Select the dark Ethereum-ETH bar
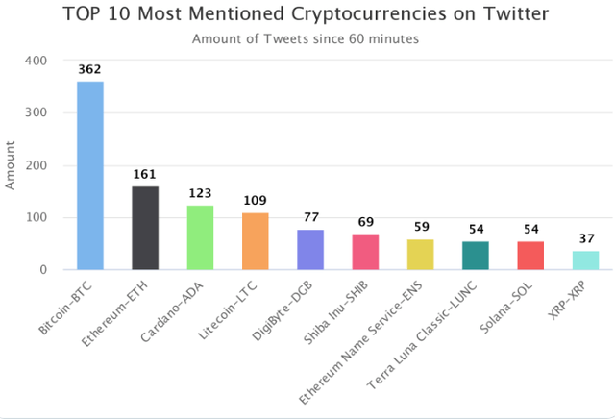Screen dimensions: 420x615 pyautogui.click(x=145, y=228)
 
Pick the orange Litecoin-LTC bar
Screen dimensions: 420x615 pyautogui.click(x=255, y=241)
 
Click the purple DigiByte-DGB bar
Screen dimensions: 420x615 pyautogui.click(x=310, y=250)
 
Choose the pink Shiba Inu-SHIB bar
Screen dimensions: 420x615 pyautogui.click(x=365, y=252)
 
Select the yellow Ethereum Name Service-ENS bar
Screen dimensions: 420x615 pyautogui.click(x=420, y=255)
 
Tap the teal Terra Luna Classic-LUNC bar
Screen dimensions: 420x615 pyautogui.click(x=476, y=256)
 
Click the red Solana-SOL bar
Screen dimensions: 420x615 pyautogui.click(x=530, y=256)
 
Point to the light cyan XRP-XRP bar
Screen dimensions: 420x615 pyautogui.click(x=585, y=260)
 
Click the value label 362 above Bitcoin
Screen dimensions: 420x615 pyautogui.click(x=90, y=70)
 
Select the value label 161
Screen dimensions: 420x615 pyautogui.click(x=145, y=175)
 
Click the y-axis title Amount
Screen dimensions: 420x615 pyautogui.click(x=12, y=165)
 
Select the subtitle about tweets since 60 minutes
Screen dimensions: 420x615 pyautogui.click(x=307, y=39)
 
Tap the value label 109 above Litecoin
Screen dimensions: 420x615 pyautogui.click(x=255, y=202)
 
